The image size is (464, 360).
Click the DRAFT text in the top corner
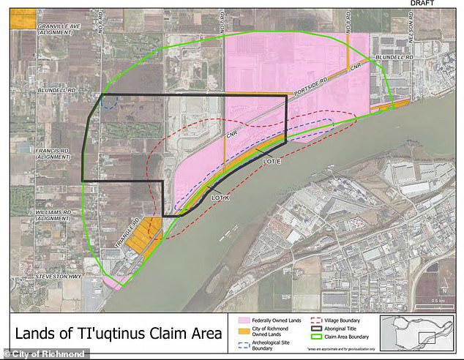tap(422, 4)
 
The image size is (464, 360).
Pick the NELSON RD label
tap(414, 29)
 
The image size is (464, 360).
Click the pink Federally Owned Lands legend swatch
tap(242, 319)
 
